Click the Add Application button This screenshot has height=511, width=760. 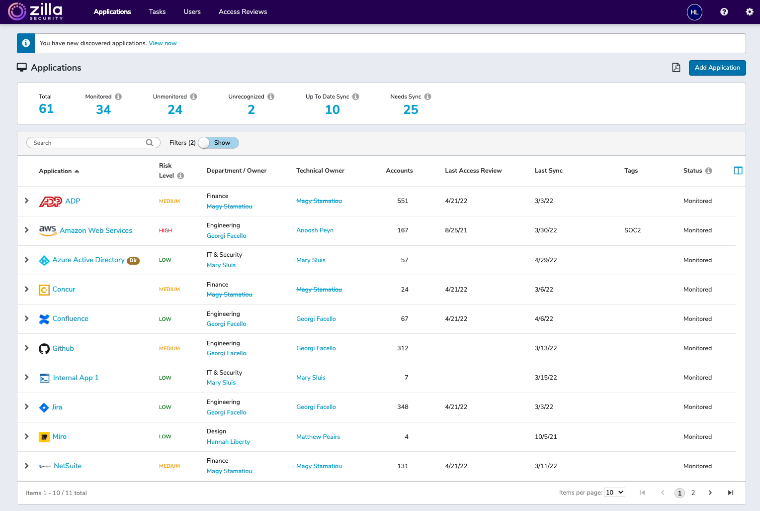[717, 68]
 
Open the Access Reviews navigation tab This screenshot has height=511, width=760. [243, 11]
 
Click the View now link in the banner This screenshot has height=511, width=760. [163, 43]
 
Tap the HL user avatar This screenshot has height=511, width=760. [694, 12]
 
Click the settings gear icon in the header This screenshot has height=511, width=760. [749, 12]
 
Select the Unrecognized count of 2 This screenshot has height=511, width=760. [251, 109]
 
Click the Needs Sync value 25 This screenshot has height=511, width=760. [411, 109]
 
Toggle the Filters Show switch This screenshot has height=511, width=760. [218, 143]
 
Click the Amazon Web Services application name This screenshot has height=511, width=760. [96, 230]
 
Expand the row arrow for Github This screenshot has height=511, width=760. [27, 348]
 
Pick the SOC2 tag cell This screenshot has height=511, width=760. [632, 230]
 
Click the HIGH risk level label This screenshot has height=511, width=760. [166, 231]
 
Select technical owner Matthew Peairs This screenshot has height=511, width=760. [318, 437]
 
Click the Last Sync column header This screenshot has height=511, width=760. [548, 171]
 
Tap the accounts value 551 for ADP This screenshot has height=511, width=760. [403, 201]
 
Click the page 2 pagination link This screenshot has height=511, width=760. [693, 493]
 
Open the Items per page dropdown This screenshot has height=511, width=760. [614, 493]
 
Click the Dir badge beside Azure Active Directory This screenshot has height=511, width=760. [133, 261]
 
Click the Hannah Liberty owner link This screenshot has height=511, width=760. [228, 442]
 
